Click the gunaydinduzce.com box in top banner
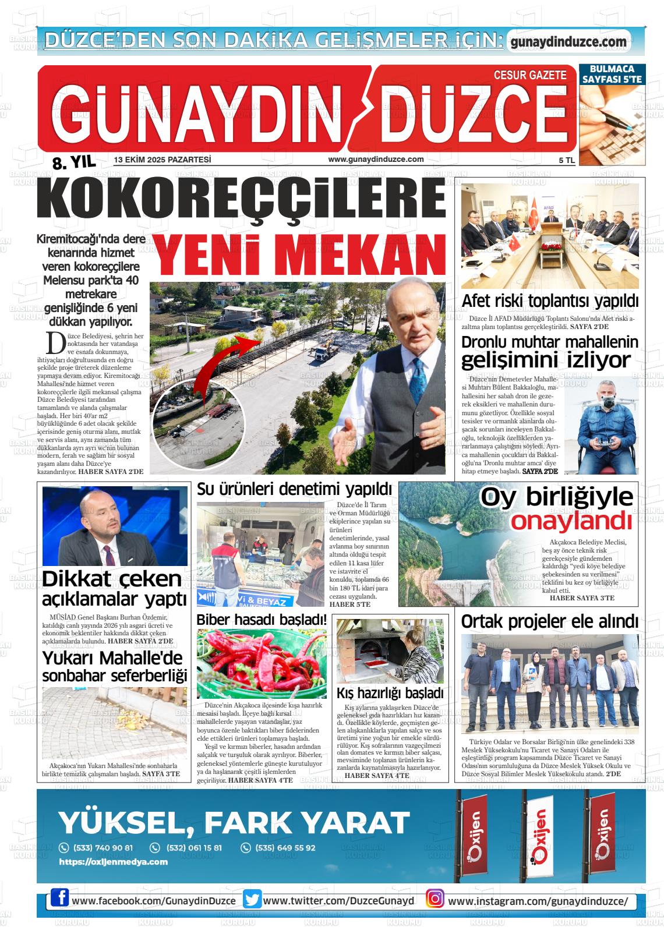[568, 42]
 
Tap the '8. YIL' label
[73, 164]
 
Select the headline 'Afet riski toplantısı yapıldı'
[550, 301]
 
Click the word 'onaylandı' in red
[571, 521]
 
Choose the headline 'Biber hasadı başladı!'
[262, 620]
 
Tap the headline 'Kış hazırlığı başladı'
[390, 693]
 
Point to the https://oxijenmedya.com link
[113, 862]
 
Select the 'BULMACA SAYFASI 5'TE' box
[612, 73]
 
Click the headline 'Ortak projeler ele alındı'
[549, 621]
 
